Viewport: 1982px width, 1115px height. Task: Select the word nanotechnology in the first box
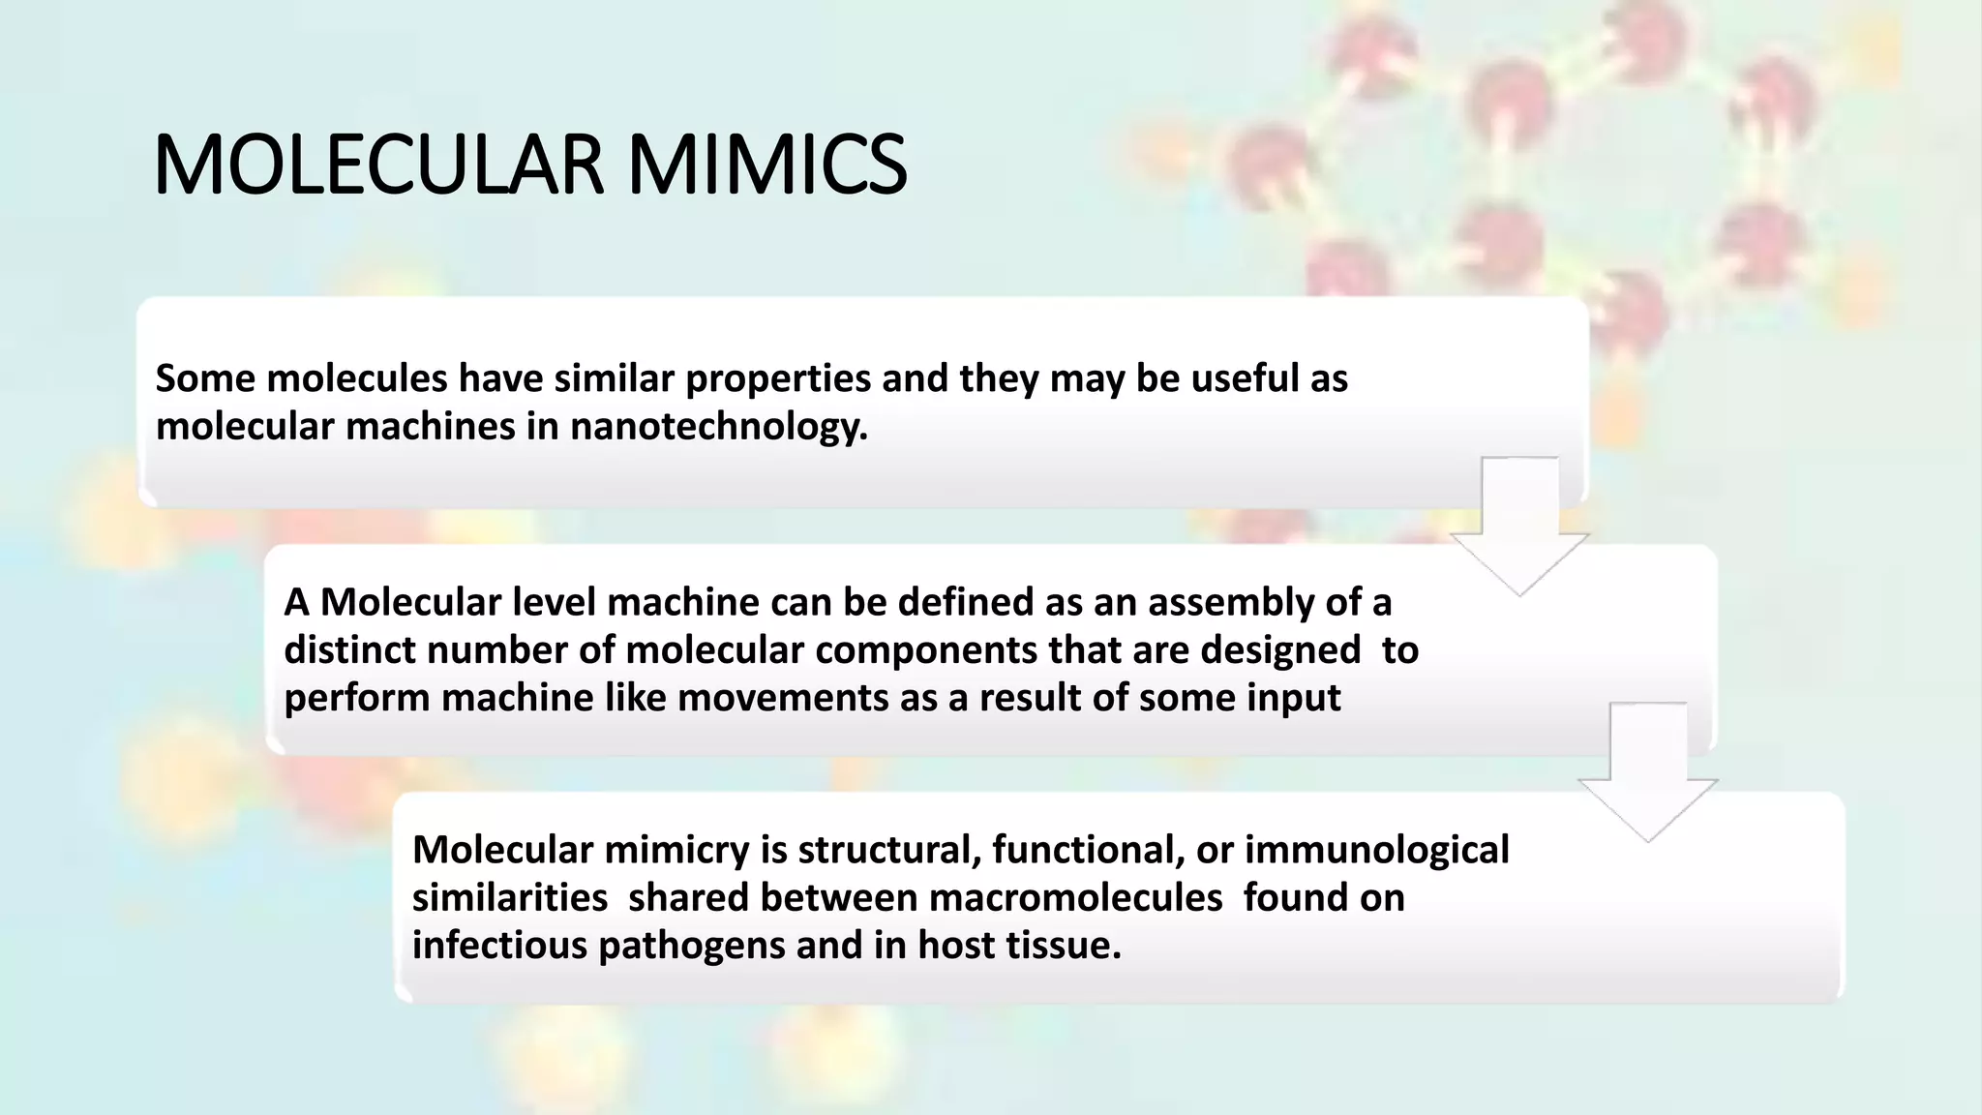(x=718, y=426)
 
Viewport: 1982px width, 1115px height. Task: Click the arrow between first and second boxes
(x=1519, y=527)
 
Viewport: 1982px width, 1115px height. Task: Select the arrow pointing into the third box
(x=1648, y=774)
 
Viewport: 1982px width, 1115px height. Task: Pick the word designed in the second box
(x=1280, y=650)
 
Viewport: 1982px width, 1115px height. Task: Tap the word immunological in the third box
(x=1376, y=850)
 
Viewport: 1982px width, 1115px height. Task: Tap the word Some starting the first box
(x=204, y=378)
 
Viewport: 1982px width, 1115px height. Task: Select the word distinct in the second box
(x=349, y=650)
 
